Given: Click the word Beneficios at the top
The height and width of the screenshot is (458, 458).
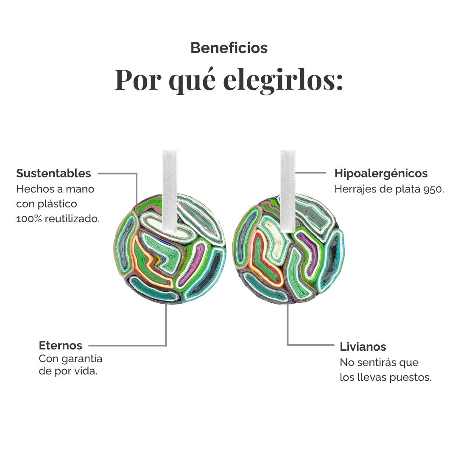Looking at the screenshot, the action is point(229,48).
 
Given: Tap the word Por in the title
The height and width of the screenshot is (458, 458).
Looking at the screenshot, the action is point(138,80).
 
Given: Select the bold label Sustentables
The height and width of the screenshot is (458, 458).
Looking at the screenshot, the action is point(53,173).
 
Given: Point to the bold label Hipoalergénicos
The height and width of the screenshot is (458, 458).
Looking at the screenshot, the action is point(381,173).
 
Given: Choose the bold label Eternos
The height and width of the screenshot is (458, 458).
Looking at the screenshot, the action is point(61,345).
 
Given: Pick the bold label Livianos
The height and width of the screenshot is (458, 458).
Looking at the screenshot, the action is point(363,347).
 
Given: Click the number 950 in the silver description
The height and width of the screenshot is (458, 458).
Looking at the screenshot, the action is point(433,189).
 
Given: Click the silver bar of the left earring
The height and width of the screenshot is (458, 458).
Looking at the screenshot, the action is point(170,191).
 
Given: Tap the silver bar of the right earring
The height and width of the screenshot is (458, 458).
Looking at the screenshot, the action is point(288,191).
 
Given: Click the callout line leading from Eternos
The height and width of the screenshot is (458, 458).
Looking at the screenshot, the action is point(127,346).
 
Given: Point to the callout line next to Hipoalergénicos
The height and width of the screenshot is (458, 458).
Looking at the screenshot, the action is point(310,173).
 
